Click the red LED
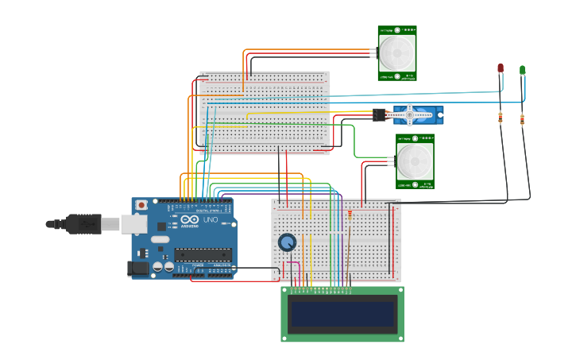[500, 69]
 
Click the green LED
[522, 71]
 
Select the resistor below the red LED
[500, 118]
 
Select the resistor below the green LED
[522, 120]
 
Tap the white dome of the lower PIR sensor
[414, 161]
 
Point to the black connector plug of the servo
[379, 115]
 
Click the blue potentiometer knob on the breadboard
[287, 242]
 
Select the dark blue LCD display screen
[342, 314]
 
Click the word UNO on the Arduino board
[209, 220]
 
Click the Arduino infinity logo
[189, 220]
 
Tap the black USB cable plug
[83, 224]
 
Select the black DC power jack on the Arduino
[139, 269]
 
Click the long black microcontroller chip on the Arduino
[203, 254]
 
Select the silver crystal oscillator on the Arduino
[161, 238]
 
